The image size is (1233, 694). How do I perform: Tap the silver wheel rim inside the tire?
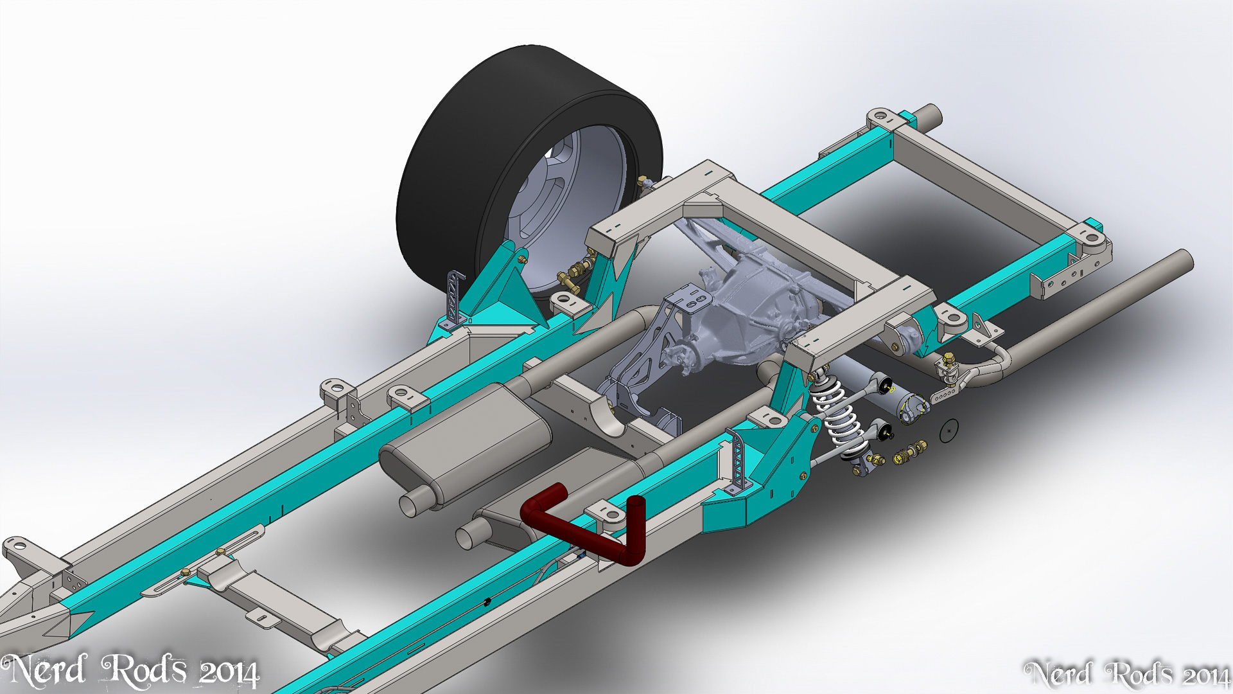[x=565, y=206]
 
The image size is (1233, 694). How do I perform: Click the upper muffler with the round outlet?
[x=466, y=443]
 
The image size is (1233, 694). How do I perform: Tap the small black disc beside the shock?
[x=949, y=431]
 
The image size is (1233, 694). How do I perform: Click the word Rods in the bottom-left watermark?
[x=145, y=670]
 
